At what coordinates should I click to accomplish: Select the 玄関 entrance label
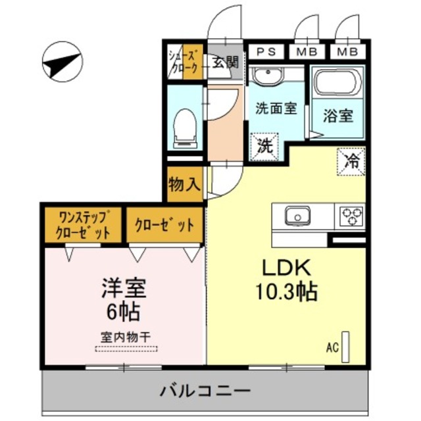point(225,62)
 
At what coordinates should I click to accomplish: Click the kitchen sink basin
point(297,215)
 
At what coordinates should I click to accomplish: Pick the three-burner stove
point(351,215)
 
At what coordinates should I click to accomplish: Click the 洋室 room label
point(123,287)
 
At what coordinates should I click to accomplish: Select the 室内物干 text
point(125,335)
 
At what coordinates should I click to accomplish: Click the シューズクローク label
point(184,62)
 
